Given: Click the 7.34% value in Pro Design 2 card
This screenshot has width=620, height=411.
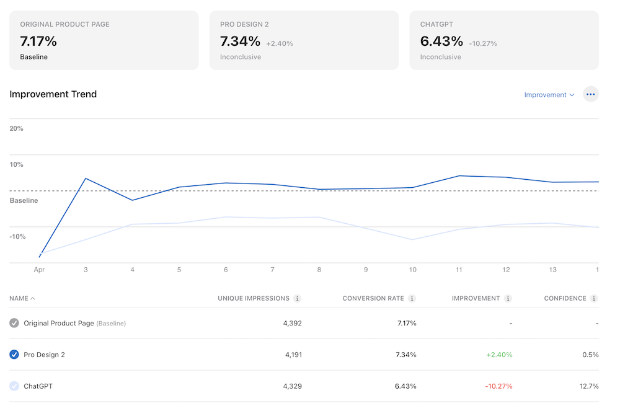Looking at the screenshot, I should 240,42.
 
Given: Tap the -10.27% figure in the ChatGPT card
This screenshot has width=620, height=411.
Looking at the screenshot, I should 483,43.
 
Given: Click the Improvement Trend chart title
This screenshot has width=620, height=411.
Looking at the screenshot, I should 53,94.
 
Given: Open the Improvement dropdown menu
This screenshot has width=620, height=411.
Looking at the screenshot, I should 549,95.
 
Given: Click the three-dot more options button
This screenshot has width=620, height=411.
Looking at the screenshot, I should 590,95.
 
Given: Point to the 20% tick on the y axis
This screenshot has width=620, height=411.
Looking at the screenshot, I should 17,128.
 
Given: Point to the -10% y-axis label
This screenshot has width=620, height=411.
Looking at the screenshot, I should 17,236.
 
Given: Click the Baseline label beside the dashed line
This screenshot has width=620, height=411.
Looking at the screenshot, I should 24,200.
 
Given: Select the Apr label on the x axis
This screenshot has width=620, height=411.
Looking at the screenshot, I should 39,270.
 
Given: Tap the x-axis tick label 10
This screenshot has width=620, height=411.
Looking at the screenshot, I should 412,270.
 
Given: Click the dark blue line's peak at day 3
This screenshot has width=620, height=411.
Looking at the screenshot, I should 86,179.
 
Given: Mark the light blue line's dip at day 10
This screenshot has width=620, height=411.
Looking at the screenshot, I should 413,239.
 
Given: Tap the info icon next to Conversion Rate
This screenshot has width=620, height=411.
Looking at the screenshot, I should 412,298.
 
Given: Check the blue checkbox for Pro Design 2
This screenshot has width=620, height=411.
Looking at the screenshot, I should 14,355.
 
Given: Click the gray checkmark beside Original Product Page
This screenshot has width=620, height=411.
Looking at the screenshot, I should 14,323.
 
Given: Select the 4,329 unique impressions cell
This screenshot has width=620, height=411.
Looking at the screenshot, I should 292,386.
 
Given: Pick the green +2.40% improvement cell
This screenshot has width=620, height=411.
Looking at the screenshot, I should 498,355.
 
